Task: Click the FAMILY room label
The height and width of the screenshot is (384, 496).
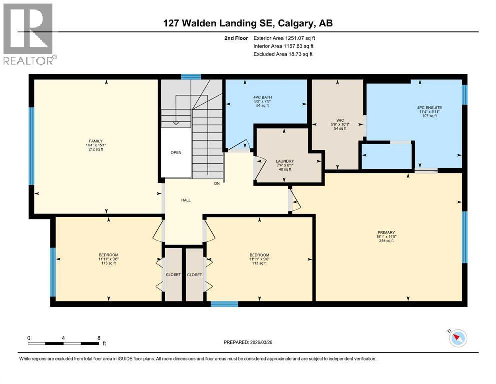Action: tap(92, 141)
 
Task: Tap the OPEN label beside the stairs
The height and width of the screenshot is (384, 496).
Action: tap(176, 153)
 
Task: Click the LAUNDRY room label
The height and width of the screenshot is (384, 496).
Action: tap(284, 161)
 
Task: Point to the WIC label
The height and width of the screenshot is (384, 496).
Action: tap(340, 120)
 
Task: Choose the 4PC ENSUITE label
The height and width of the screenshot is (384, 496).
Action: tap(429, 107)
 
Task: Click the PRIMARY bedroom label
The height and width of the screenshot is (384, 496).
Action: tap(386, 232)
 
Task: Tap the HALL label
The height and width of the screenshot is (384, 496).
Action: tap(186, 200)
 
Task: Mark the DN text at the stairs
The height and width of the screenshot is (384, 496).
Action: tap(217, 184)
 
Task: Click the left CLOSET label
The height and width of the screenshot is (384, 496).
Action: tap(173, 275)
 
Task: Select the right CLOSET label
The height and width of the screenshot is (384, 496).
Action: tap(194, 275)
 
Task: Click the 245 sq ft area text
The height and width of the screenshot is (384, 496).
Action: tap(386, 241)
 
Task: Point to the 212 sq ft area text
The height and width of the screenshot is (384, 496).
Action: tap(92, 149)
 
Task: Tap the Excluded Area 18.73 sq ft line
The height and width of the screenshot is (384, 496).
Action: tap(283, 54)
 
